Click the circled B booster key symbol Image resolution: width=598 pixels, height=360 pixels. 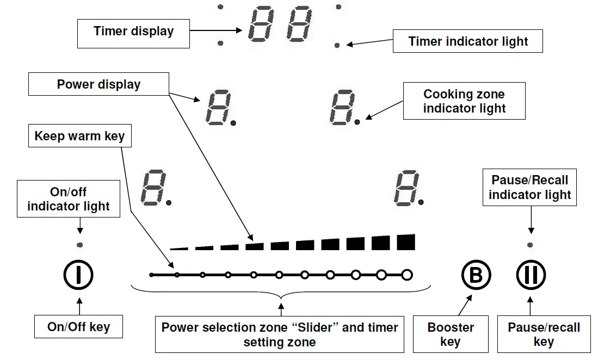coord(476,275)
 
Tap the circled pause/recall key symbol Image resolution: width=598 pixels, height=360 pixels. coord(531,275)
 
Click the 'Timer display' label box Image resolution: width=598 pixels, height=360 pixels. coord(133,34)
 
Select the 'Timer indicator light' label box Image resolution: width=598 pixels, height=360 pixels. coord(467,41)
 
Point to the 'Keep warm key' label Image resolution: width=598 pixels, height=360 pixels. coord(79,135)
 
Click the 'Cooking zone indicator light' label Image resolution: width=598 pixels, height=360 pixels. coord(464,101)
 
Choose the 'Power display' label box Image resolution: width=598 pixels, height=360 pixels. coord(98,84)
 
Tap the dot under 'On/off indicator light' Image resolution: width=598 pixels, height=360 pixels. coord(79,245)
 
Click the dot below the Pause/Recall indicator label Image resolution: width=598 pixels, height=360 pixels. coord(530,245)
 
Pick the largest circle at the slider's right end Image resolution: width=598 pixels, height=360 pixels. coord(408,275)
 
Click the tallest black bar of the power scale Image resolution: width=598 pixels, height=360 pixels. coord(406,243)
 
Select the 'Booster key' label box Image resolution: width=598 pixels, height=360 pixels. coord(451,334)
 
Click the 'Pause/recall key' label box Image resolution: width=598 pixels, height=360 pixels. coord(544,334)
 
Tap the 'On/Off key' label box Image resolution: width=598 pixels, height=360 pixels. coord(78,326)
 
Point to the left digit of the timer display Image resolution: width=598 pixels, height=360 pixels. coord(261,23)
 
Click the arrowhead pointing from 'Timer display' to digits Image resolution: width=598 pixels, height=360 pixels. coord(239,30)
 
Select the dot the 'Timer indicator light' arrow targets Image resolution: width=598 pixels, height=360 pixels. coord(337,45)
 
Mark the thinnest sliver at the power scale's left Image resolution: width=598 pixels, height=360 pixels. coord(179,249)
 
